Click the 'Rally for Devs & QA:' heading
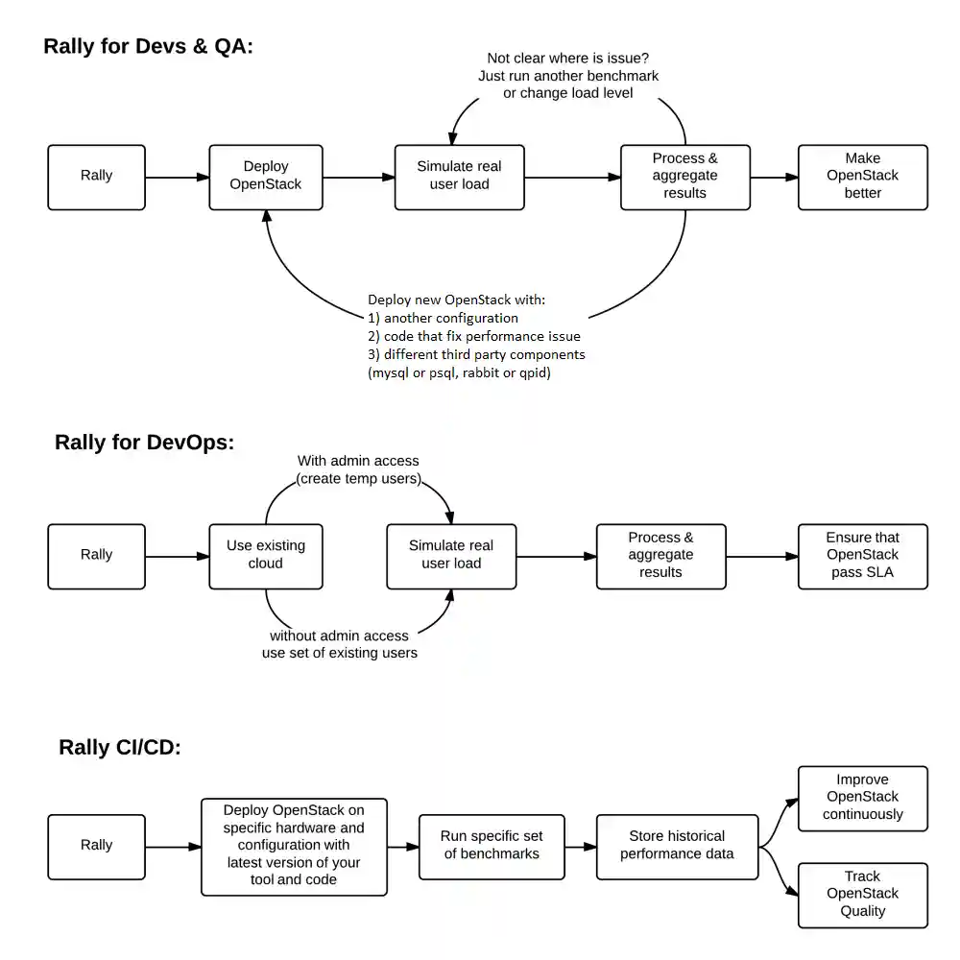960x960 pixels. click(x=148, y=46)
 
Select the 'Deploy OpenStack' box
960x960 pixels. click(x=265, y=177)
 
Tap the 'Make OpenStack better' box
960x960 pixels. click(x=862, y=177)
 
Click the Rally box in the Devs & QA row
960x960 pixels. click(x=96, y=177)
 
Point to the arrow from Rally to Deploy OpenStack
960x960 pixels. click(x=177, y=177)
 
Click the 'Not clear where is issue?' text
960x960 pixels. click(x=568, y=59)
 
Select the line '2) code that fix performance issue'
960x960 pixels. click(x=474, y=336)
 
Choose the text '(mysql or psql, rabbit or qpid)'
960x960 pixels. click(x=459, y=372)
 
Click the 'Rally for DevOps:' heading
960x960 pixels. click(x=144, y=443)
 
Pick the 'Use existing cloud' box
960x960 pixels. click(x=265, y=555)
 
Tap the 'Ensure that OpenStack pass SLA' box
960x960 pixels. click(x=862, y=555)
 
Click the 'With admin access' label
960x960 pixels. click(x=358, y=461)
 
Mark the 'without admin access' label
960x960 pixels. click(x=339, y=636)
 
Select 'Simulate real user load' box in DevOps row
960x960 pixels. click(x=451, y=555)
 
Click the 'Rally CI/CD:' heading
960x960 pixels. click(x=120, y=748)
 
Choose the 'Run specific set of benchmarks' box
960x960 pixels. click(x=492, y=846)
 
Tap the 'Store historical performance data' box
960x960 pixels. click(x=677, y=846)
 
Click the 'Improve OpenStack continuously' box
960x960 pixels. click(x=862, y=798)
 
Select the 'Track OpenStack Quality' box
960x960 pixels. click(x=862, y=894)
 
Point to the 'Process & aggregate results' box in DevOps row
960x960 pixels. click(x=660, y=555)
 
